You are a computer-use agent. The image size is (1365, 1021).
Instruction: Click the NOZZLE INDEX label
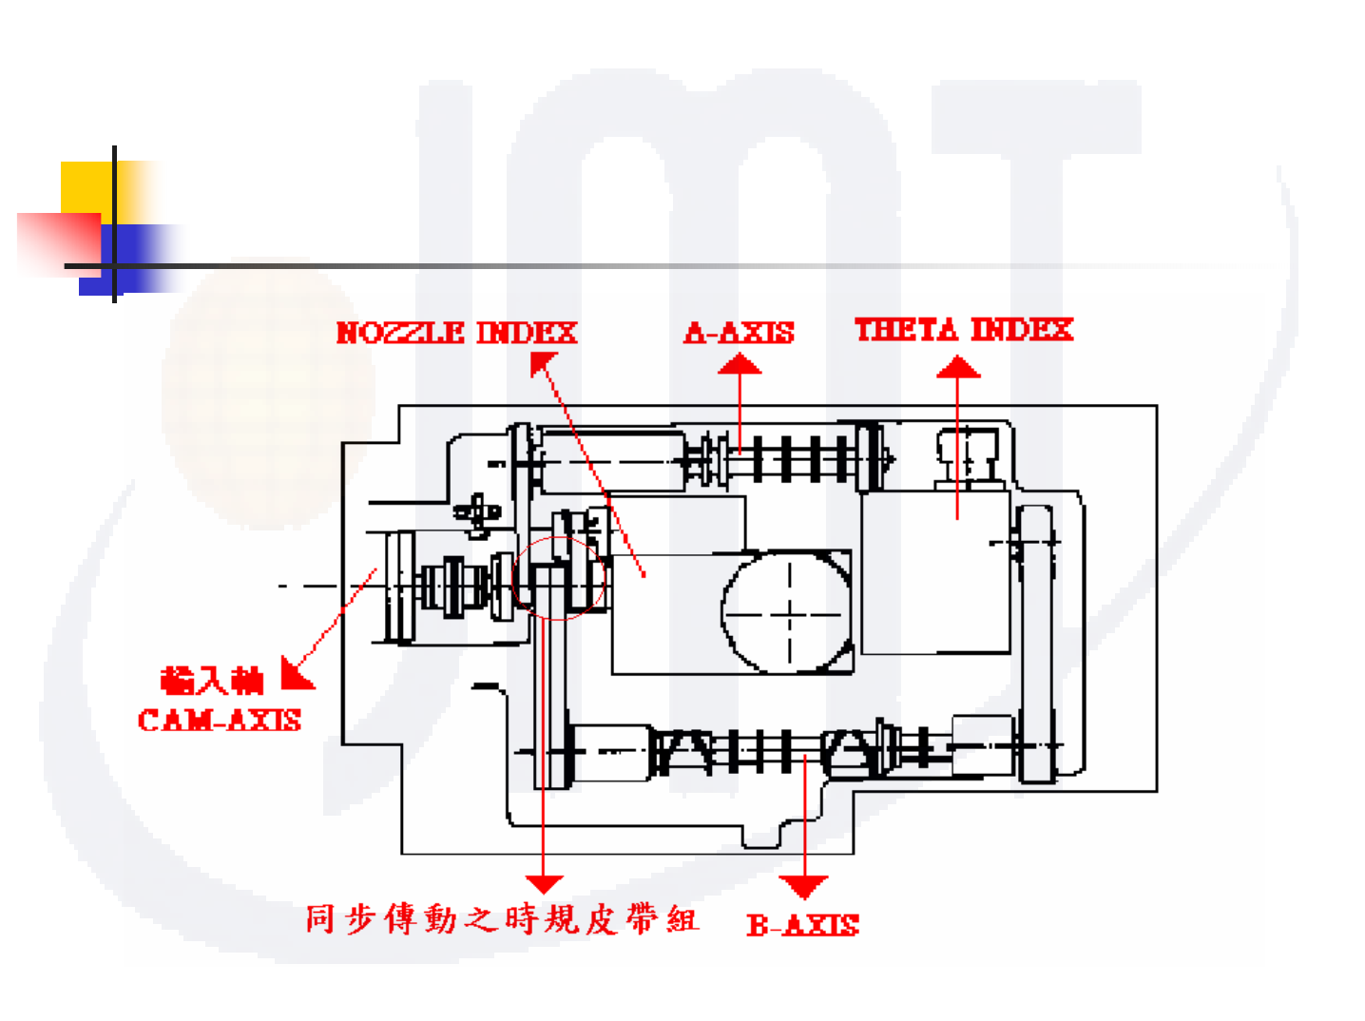pos(456,333)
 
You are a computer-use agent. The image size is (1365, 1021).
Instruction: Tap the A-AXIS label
pos(739,333)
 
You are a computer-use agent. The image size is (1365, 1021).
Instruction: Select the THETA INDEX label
pos(963,330)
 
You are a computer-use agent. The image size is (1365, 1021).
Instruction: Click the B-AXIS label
pos(802,925)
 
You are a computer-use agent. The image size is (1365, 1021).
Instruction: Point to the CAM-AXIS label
pos(220,721)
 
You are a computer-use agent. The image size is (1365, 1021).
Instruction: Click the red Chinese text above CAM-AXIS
pos(211,681)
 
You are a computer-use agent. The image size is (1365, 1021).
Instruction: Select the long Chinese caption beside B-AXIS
pos(501,919)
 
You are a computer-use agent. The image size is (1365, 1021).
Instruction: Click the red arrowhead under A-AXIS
pos(740,364)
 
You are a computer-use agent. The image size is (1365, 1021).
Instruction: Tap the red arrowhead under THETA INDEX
pos(958,367)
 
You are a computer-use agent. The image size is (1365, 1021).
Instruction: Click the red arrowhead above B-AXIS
pos(804,887)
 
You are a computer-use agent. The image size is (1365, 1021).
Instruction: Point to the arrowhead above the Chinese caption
pos(544,884)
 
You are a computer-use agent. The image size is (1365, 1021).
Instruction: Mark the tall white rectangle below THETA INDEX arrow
pos(933,572)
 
